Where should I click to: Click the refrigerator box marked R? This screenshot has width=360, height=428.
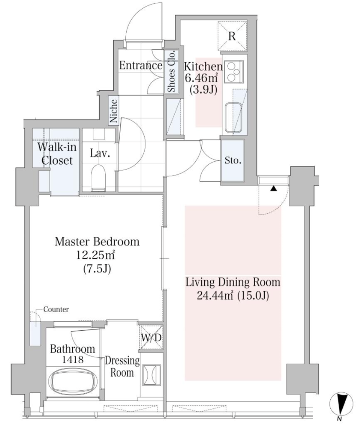coord(232,36)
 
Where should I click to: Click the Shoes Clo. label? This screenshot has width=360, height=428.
coord(171,71)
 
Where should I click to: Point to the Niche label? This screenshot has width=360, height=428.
coord(113,110)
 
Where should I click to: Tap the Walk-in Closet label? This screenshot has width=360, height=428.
coord(57,154)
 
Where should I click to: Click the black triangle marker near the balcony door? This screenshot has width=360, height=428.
coord(273,189)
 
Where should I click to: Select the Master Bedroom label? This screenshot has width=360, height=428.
coord(97,242)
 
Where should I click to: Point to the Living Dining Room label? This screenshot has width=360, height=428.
coord(233,282)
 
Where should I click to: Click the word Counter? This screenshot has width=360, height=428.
coord(56,309)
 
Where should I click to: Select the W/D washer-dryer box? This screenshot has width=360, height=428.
coord(151,337)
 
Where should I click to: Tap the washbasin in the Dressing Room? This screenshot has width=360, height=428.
coord(151,375)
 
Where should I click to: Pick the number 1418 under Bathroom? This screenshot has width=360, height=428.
coord(73,359)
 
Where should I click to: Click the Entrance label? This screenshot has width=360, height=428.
coord(140,66)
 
